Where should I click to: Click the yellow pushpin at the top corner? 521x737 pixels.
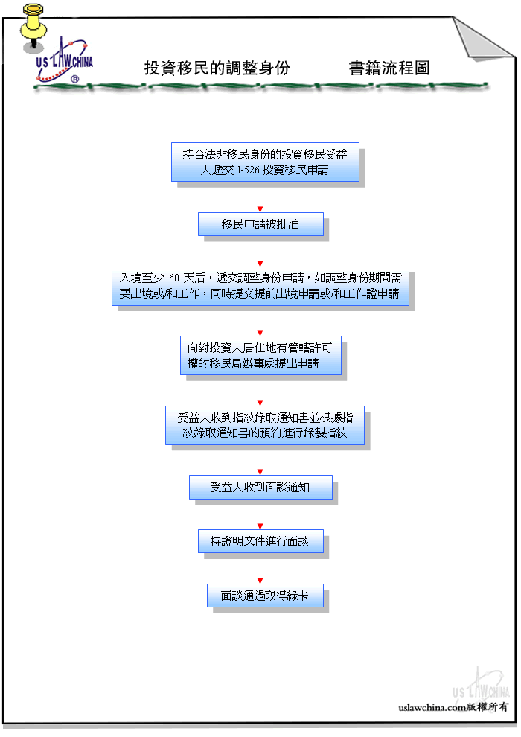pos(33,26)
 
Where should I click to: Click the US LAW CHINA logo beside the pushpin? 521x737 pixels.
pos(64,62)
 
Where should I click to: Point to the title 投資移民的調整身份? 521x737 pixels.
pos(217,68)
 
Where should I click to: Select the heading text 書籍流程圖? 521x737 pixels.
pos(389,68)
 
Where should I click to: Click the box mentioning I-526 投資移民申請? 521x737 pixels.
pos(265,162)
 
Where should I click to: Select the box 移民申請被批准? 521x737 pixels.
pos(260,224)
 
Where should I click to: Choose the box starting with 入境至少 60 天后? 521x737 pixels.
pos(260,287)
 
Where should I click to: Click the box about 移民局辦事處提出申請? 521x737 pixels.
pos(260,355)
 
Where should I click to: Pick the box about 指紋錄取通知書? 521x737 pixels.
pos(265,425)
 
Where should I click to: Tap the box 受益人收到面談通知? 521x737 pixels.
pos(260,488)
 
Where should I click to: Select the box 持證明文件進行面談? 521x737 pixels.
pos(260,541)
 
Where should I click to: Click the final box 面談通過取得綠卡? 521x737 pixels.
pos(266,596)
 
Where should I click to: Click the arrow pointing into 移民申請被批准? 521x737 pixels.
pos(260,197)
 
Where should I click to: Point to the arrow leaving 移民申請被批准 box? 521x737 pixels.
pos(260,252)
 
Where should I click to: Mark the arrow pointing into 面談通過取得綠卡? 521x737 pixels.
pos(260,569)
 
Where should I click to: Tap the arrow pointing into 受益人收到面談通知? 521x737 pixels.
pos(260,460)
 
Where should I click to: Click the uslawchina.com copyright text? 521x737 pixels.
pos(453,707)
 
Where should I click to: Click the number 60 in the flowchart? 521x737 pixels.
pos(174,278)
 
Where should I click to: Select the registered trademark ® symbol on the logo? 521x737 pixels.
pos(74,79)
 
